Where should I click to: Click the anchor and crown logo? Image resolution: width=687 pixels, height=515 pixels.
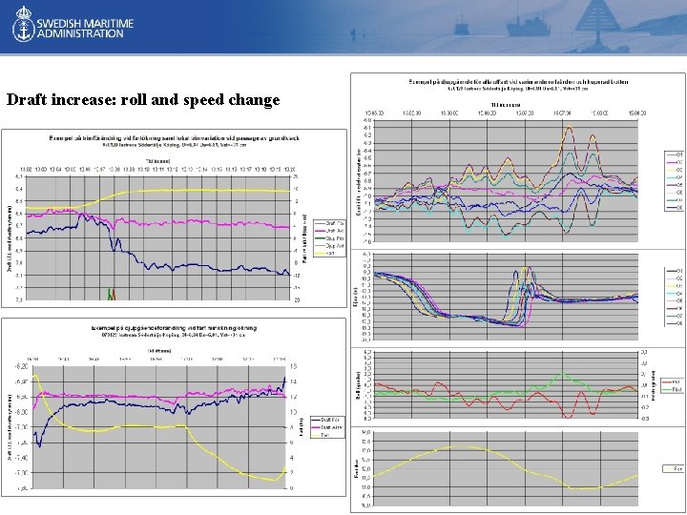(22, 27)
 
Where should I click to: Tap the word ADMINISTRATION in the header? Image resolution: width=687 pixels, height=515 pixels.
(80, 33)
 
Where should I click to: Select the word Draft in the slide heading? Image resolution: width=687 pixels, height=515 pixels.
(27, 100)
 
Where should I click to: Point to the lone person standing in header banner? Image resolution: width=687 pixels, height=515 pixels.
(354, 34)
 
